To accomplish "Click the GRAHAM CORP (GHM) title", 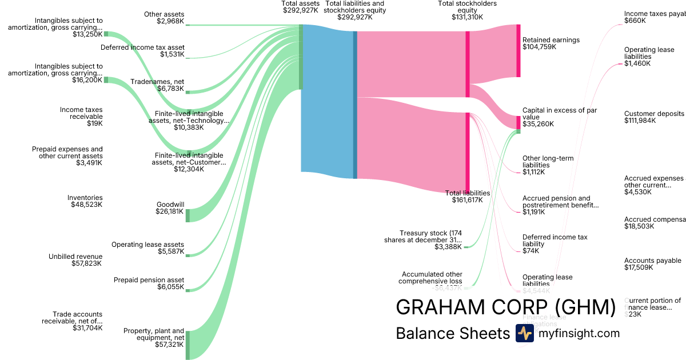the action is pos(505,307).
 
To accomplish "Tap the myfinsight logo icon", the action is pos(524,333).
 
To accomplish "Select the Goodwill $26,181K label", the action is pos(170,208).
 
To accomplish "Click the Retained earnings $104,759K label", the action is pos(551,43).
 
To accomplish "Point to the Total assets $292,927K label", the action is pos(301,7).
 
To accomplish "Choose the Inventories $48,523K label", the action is pos(85,201).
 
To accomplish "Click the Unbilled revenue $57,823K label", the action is pos(75,260).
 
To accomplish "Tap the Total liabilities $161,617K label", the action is pos(468,197).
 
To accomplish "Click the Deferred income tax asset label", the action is pos(142,51).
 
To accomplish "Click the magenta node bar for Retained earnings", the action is pos(519,51).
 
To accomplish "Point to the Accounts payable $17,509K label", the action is pos(653,263).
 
